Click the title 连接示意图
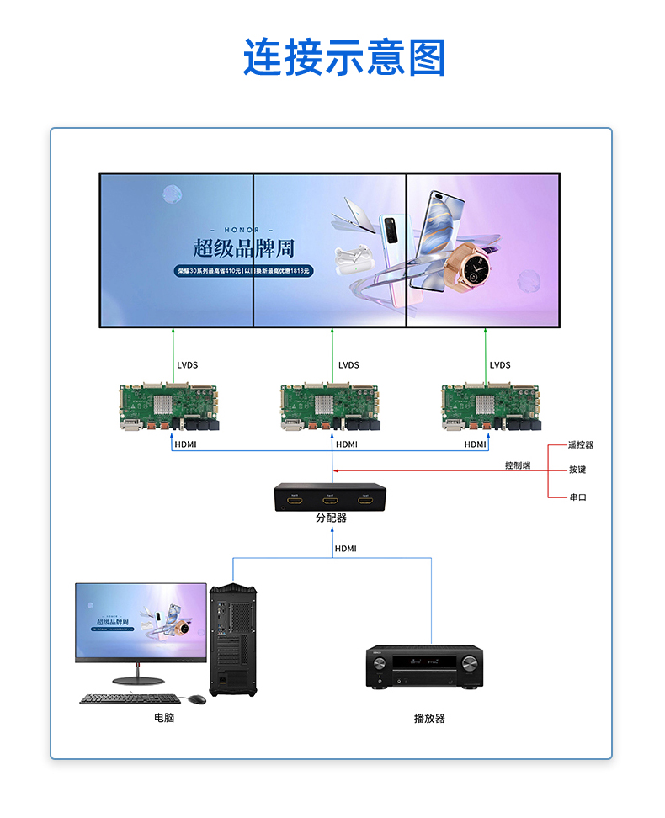(x=343, y=58)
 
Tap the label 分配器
(x=331, y=518)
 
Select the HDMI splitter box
(x=331, y=497)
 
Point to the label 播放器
(x=429, y=718)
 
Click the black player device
(x=424, y=667)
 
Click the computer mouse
(x=197, y=698)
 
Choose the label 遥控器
(x=581, y=444)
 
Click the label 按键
(x=577, y=470)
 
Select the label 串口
(x=577, y=497)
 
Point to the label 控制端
(x=518, y=465)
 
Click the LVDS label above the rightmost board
(x=500, y=365)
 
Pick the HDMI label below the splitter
(x=346, y=549)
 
